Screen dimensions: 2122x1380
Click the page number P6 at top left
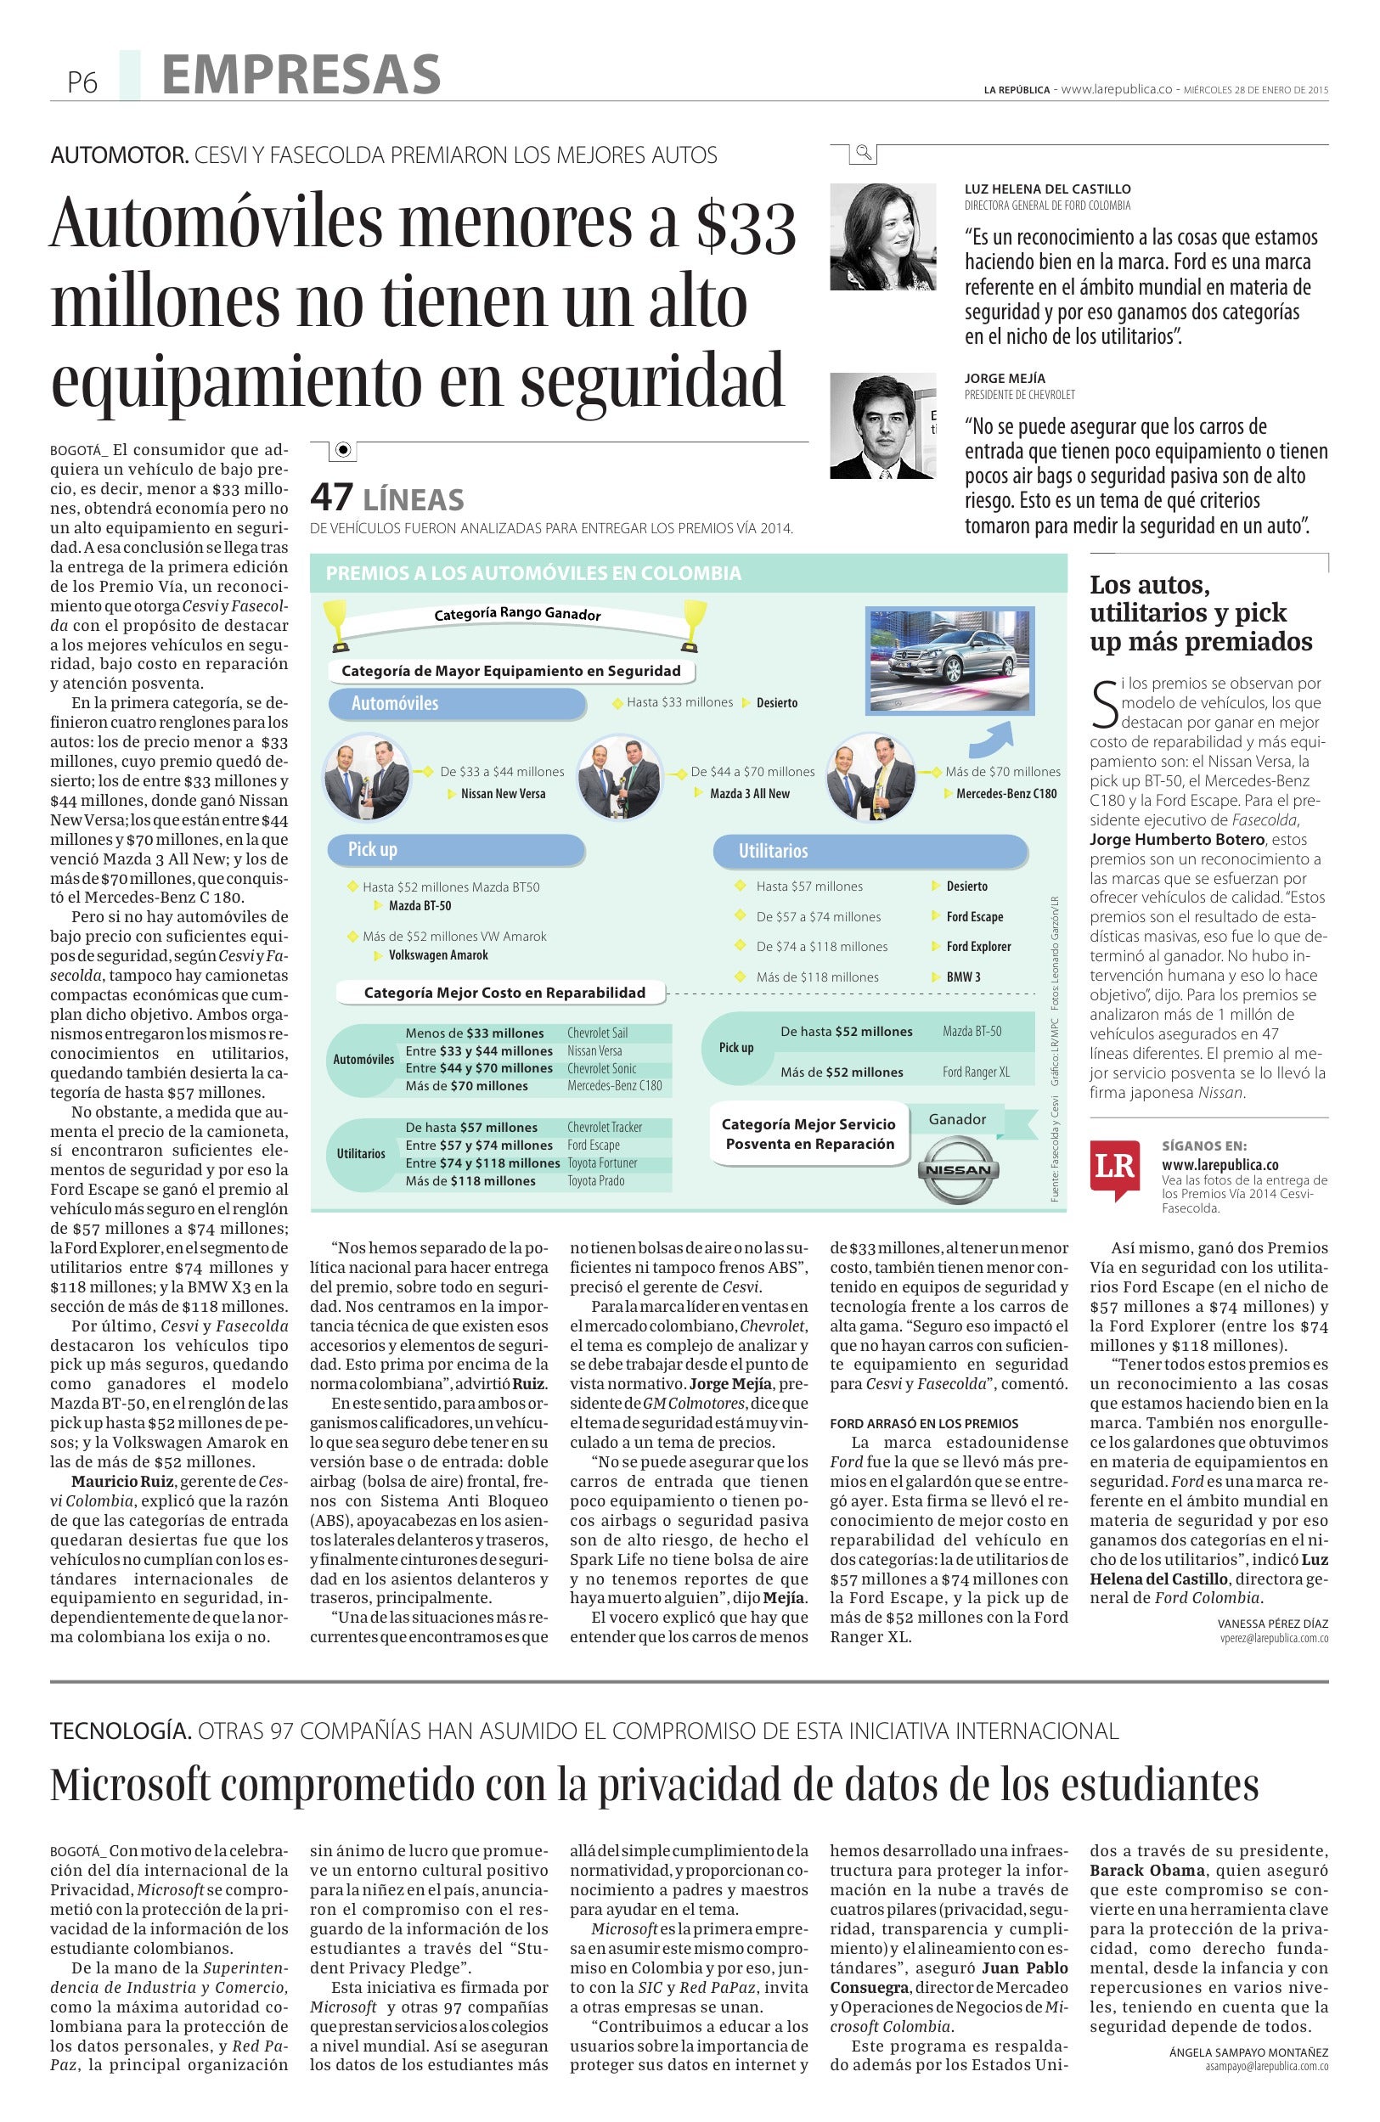coord(82,83)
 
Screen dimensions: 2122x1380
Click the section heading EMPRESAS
coord(301,75)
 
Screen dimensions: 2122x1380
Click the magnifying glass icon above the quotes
coord(863,154)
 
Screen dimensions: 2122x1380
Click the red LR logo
coord(1113,1169)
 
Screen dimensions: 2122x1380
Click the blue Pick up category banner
coord(455,850)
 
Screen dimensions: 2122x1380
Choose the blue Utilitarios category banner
coord(870,852)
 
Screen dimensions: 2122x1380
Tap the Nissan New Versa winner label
coord(503,793)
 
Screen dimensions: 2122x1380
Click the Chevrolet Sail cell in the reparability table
coord(598,1033)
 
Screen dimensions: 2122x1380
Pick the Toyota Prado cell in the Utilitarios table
coord(596,1180)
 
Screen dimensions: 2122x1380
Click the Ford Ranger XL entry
coord(976,1072)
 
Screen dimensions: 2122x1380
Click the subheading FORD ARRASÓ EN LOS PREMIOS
coord(924,1423)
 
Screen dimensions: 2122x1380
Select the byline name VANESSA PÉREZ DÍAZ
coord(1272,1624)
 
